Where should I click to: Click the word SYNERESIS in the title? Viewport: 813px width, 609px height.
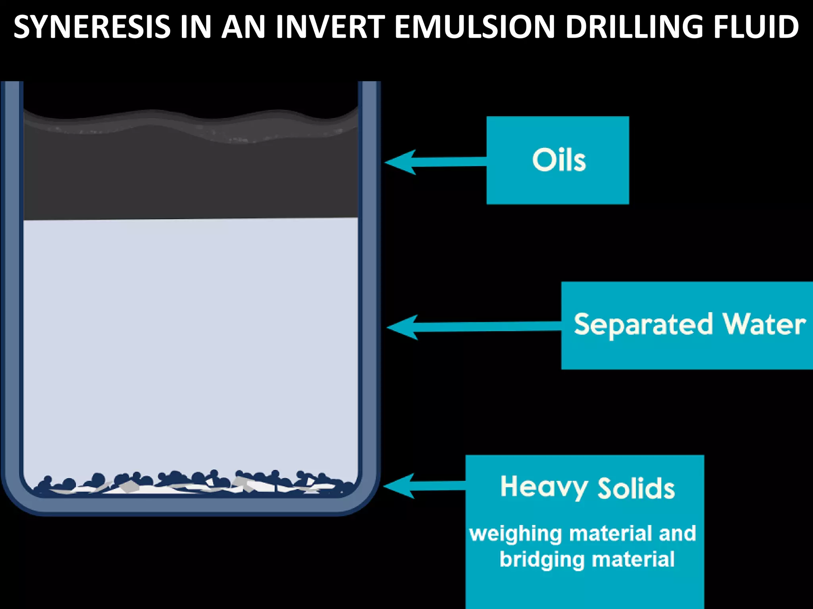coord(92,27)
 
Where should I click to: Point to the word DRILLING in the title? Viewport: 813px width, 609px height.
coord(635,27)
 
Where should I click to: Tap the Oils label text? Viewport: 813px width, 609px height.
coord(559,160)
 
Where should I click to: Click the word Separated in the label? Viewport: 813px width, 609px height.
coord(643,325)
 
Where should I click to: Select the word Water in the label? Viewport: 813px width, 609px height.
coord(765,324)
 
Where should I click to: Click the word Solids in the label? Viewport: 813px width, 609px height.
coord(636,488)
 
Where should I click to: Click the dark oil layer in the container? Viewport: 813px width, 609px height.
coord(191,178)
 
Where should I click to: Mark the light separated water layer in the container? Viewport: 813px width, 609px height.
coord(191,337)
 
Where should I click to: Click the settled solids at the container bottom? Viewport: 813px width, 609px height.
coord(191,485)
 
